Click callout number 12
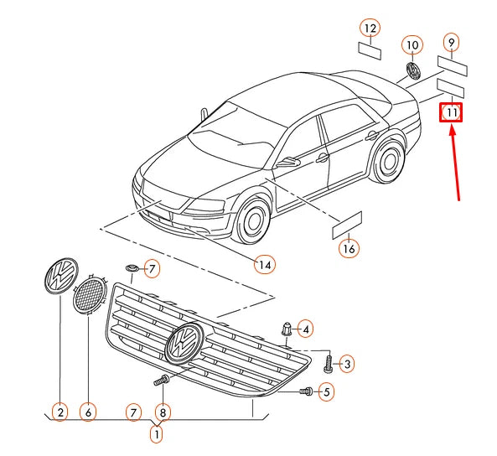tap(370, 28)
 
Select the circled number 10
tap(412, 45)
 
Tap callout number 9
tap(452, 43)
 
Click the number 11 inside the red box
tap(451, 112)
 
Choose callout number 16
tap(349, 248)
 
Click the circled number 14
tap(265, 265)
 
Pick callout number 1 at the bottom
tap(156, 434)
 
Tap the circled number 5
tap(326, 392)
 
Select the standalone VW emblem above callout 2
tap(61, 276)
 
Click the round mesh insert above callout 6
tap(89, 294)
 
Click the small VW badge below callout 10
tap(414, 70)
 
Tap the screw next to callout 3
tap(328, 364)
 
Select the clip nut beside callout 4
tap(287, 329)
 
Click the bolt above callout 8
tap(161, 380)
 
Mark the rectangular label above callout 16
tap(346, 225)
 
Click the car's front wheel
tap(252, 220)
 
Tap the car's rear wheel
tap(389, 161)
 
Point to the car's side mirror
tap(287, 162)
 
